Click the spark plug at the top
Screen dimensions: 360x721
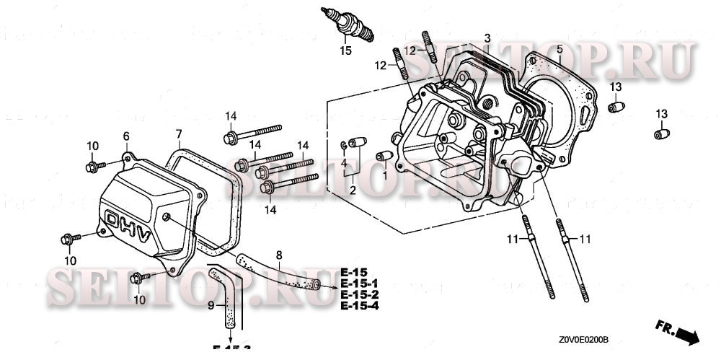[351, 23]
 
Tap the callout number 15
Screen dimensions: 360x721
[346, 51]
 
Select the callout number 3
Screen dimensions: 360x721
[487, 38]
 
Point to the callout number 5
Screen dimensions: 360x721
[559, 49]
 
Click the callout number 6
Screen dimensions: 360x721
[126, 136]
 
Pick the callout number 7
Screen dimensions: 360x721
[179, 133]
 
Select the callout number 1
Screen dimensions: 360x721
[385, 175]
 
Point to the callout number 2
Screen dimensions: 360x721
[353, 190]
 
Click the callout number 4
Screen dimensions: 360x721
[344, 164]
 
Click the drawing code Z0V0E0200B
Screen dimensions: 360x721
[583, 339]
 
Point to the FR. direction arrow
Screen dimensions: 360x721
[678, 332]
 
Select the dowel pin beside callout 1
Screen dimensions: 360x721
[384, 155]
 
